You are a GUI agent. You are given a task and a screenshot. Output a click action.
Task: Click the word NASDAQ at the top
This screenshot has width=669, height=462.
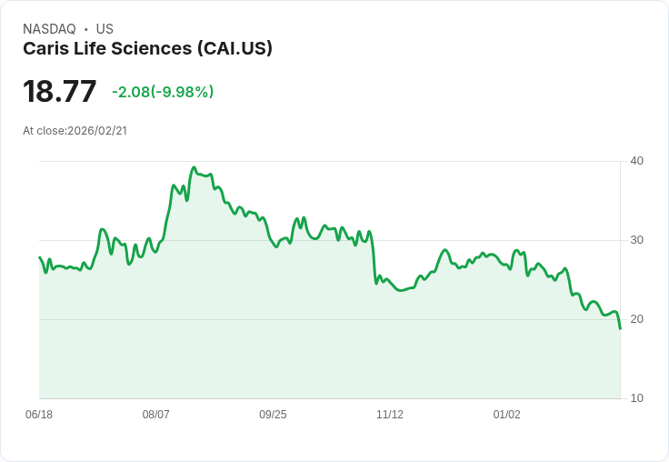[49, 29]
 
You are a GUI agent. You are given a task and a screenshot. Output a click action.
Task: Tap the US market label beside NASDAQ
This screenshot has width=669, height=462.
[105, 29]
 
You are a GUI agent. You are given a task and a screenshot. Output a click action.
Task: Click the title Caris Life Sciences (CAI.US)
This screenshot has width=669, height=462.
[147, 49]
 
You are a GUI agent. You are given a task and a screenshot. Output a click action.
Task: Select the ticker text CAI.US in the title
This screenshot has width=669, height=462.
[235, 49]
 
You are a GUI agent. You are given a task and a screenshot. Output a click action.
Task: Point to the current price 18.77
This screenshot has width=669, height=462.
[59, 92]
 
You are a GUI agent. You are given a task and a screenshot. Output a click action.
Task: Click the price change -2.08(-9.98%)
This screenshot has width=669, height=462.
[163, 92]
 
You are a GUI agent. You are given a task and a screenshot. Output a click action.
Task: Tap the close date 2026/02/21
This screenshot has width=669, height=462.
[97, 131]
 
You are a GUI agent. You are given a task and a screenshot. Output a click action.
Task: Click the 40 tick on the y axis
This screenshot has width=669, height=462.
[636, 161]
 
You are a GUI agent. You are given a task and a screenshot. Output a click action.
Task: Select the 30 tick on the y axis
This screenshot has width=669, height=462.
[636, 240]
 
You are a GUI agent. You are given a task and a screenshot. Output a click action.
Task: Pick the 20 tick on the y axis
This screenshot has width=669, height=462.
[636, 319]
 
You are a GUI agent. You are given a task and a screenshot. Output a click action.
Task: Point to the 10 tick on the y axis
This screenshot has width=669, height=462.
[636, 398]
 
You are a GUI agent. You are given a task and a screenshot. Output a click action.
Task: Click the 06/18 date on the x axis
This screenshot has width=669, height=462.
[39, 415]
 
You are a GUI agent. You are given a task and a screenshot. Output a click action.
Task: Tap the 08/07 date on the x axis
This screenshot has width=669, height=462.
[156, 415]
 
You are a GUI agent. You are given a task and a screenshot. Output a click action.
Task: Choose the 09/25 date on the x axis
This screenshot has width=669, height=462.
[273, 415]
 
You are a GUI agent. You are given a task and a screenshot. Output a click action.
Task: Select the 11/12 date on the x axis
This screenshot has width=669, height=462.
[390, 415]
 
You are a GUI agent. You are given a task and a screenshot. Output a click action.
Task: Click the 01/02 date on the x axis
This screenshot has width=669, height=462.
[507, 415]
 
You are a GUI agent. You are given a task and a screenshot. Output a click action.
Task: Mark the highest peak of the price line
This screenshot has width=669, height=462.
[194, 168]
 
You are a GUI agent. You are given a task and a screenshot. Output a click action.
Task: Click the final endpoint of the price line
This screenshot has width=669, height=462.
[620, 328]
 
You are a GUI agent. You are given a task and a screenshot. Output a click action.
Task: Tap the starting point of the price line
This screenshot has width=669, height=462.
[39, 257]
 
